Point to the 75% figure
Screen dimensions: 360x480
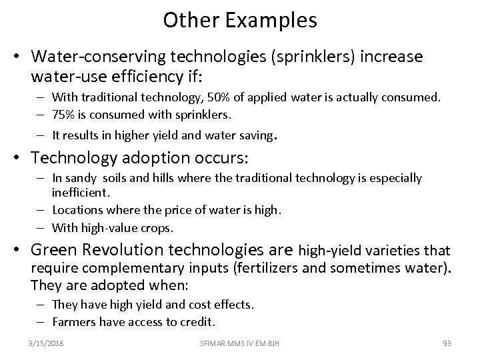click(63, 114)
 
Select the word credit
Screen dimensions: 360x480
click(197, 321)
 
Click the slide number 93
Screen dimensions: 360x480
click(447, 343)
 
